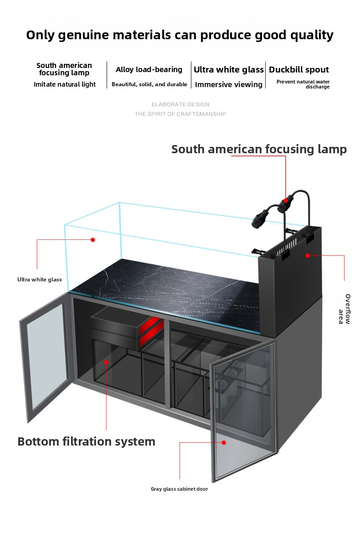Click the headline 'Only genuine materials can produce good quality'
point(180,35)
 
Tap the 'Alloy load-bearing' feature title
point(149,70)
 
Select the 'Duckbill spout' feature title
point(298,70)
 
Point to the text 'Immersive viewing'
point(228,85)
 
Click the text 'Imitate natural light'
point(64,84)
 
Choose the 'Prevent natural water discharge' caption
point(303,84)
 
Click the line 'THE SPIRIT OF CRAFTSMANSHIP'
point(180,114)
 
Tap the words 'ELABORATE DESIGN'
point(180,105)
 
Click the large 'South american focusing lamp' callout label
point(259,149)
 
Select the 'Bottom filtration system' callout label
point(86,441)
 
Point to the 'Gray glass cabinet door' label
point(179,489)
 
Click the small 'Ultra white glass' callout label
point(40,280)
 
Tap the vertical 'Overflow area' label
point(345,309)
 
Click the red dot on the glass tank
point(93,239)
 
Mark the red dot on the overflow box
point(308,256)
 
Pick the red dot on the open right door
point(224,442)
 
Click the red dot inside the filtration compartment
point(106,362)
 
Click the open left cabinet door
point(45,356)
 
